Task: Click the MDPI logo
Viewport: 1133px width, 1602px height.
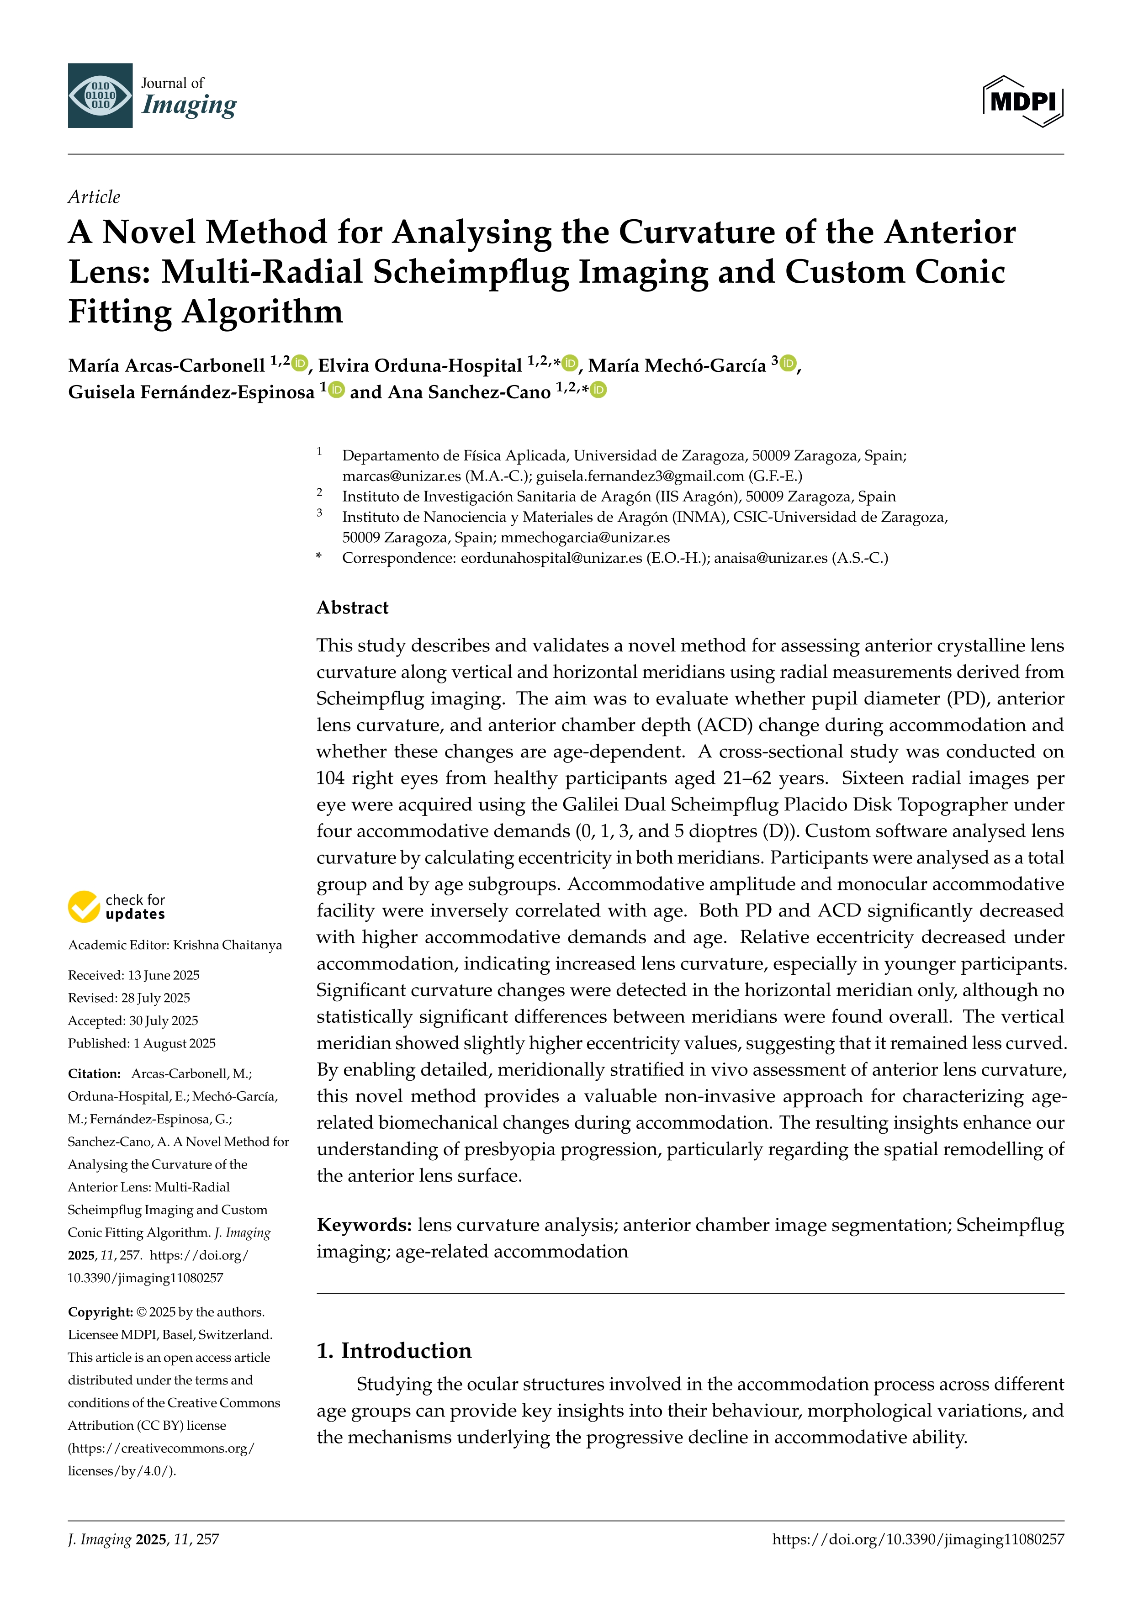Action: tap(1023, 101)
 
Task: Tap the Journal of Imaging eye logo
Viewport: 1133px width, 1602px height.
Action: tap(100, 95)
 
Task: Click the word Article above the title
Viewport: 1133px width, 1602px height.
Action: tap(94, 197)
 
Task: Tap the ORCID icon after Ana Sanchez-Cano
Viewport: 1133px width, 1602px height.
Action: tap(598, 390)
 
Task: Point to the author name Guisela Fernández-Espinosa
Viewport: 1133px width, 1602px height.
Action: tap(191, 392)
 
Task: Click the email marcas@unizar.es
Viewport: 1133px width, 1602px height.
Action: tap(401, 476)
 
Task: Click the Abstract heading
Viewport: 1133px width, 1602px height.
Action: tap(352, 608)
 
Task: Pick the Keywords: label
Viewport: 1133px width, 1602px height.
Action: tap(364, 1225)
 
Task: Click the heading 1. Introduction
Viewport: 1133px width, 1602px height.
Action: tap(394, 1351)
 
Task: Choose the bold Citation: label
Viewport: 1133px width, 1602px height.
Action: tap(94, 1074)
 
